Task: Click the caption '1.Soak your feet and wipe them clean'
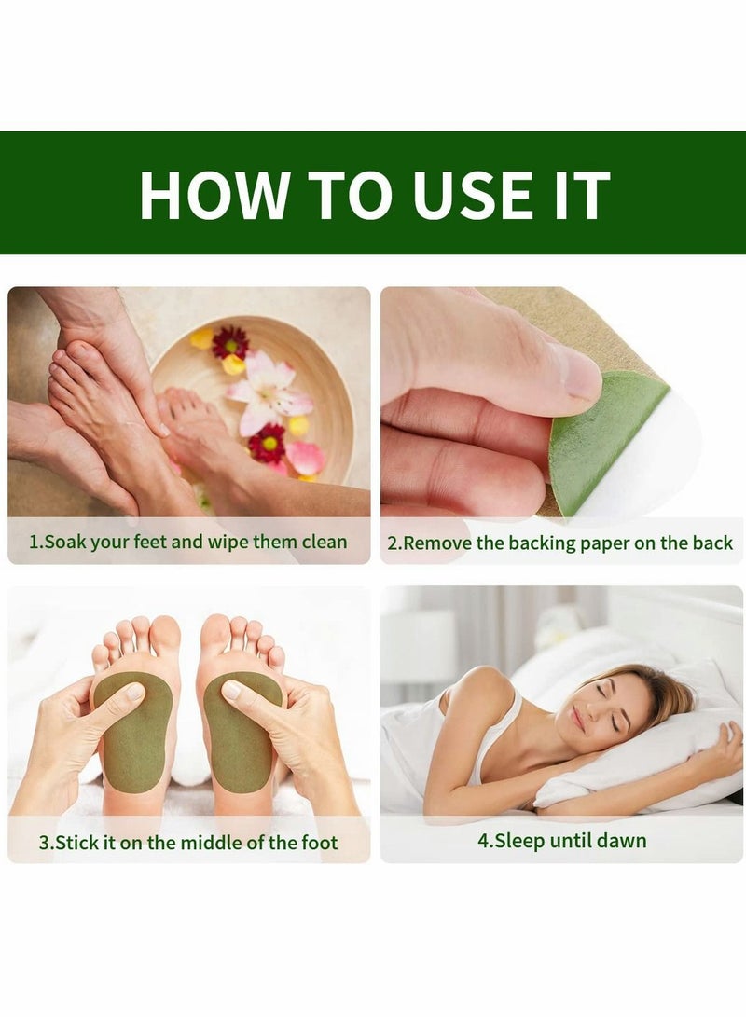click(188, 542)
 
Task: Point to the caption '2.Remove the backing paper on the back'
click(560, 543)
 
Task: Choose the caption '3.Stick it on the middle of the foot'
click(188, 843)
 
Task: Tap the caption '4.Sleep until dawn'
click(562, 841)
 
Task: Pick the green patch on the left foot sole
click(131, 732)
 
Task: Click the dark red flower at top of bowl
click(229, 342)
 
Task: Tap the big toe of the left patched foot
click(164, 637)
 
